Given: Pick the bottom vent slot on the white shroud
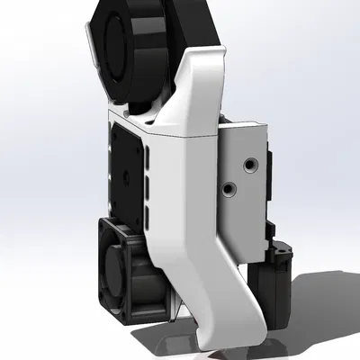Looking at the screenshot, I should pyautogui.click(x=147, y=212).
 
